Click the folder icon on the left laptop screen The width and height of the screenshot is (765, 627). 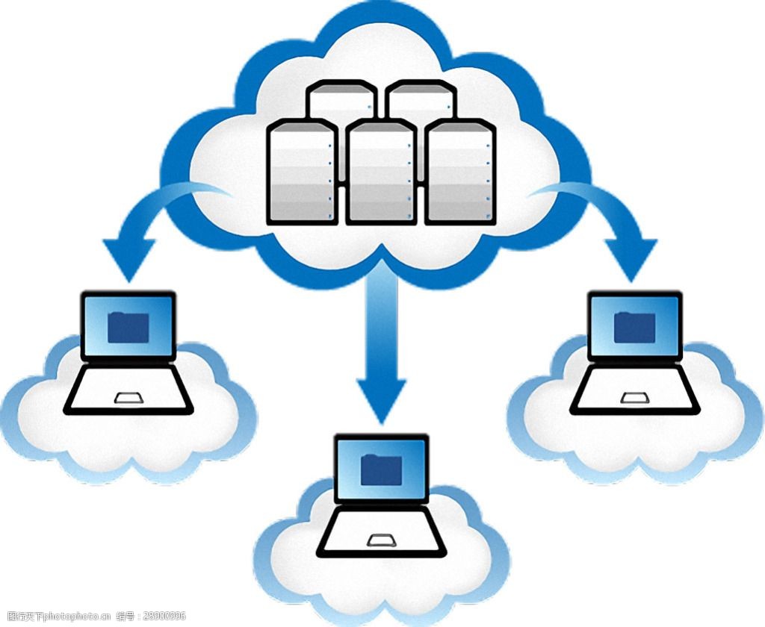[x=128, y=327]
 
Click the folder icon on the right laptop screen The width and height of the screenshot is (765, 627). [x=635, y=326]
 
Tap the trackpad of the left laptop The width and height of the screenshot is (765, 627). [x=128, y=397]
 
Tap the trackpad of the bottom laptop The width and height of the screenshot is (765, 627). [x=381, y=540]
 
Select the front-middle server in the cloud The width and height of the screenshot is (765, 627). [x=381, y=172]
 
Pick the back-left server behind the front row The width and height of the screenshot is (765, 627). [x=341, y=101]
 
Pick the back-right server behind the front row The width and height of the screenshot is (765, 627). [x=419, y=101]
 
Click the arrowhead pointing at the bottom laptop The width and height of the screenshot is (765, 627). [x=382, y=399]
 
